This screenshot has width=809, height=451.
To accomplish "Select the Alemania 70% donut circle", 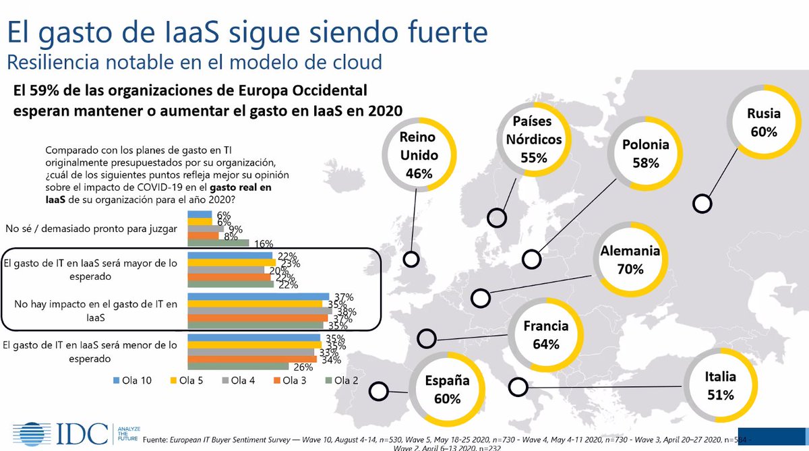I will tap(629, 260).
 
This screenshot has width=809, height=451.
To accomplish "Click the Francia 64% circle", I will tap(545, 335).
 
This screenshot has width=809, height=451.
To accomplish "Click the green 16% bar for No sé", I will tap(218, 243).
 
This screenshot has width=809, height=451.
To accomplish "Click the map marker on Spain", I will tap(380, 391).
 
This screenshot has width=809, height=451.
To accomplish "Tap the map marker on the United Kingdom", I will tap(410, 260).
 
